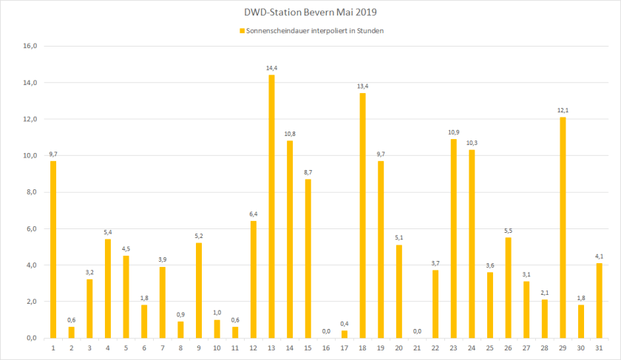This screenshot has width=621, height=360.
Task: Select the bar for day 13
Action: tap(271, 206)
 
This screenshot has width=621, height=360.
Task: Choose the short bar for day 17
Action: tap(345, 334)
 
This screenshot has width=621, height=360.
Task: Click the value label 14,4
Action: tap(271, 68)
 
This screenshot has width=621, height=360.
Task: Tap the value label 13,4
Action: tap(362, 86)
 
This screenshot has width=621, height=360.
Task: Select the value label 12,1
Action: tap(563, 110)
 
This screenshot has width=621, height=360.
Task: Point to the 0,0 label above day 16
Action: tap(326, 331)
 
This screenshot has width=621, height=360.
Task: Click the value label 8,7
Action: tap(308, 172)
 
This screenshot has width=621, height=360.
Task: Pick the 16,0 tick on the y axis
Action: tap(30, 46)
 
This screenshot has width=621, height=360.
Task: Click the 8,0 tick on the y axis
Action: tap(30, 192)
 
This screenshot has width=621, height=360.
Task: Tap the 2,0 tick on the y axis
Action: tap(30, 302)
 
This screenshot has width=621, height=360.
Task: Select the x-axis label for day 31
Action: tap(599, 347)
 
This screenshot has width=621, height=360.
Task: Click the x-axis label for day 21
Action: tap(417, 347)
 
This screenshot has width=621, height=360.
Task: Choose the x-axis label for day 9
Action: tap(199, 347)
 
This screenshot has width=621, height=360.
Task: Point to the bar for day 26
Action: tap(508, 288)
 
